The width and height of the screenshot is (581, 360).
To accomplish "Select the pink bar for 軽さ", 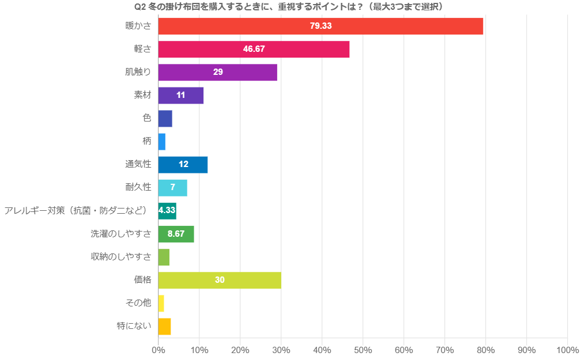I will click(x=254, y=49).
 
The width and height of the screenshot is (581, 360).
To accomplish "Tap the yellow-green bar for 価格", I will click(x=220, y=280).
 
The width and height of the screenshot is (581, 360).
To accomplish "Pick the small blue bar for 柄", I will click(x=161, y=142).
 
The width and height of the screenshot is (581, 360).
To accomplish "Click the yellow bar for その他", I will click(x=161, y=303).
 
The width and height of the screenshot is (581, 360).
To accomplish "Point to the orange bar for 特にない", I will click(x=164, y=326).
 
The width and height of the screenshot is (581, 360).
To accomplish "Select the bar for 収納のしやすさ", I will click(x=164, y=257).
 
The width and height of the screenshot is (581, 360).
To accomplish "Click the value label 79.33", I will click(x=320, y=26).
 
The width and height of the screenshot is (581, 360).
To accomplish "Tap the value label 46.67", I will click(x=254, y=49).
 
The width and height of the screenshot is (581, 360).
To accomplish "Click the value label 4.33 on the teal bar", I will click(x=167, y=211).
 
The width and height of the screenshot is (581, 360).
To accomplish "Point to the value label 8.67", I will click(x=176, y=234).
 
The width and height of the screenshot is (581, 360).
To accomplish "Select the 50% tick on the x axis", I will click(x=363, y=350).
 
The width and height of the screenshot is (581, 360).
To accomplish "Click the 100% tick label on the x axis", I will click(x=568, y=350).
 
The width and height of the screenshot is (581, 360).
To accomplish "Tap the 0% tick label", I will click(x=158, y=350).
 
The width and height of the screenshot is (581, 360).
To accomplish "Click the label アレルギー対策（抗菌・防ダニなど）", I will click(x=76, y=210).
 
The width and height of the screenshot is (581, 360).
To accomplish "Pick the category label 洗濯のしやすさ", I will click(x=121, y=233).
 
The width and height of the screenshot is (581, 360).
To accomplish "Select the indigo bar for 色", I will click(x=165, y=119).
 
